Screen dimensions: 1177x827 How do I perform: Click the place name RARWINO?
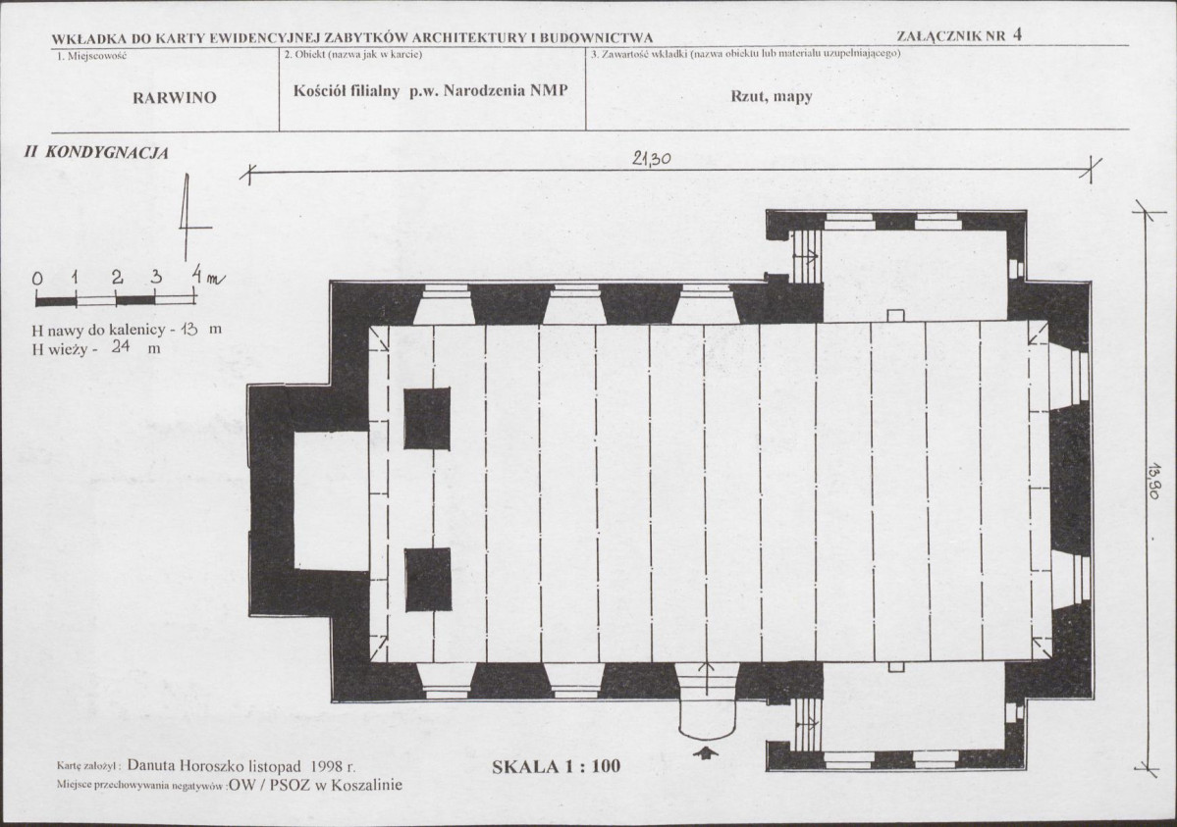click(x=174, y=97)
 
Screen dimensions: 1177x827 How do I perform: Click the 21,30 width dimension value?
click(x=651, y=158)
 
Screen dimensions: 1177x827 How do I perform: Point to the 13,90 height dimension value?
click(x=1154, y=481)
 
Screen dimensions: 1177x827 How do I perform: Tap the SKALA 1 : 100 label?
click(x=557, y=766)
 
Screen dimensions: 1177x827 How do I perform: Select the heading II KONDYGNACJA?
click(x=96, y=152)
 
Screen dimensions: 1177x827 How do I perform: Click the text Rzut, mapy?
click(x=771, y=96)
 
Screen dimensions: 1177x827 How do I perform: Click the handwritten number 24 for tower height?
click(x=120, y=346)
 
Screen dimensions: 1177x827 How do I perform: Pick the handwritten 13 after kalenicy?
click(x=188, y=329)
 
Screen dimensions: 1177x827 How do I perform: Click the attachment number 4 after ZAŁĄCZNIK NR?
click(x=1017, y=33)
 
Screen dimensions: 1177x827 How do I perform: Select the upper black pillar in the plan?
click(x=427, y=418)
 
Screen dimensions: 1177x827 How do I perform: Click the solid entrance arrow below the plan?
click(x=707, y=752)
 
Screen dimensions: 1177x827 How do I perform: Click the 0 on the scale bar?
click(x=37, y=279)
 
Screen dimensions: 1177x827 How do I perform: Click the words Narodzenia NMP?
click(x=506, y=91)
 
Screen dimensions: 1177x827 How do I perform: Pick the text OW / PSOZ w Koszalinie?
click(x=315, y=785)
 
